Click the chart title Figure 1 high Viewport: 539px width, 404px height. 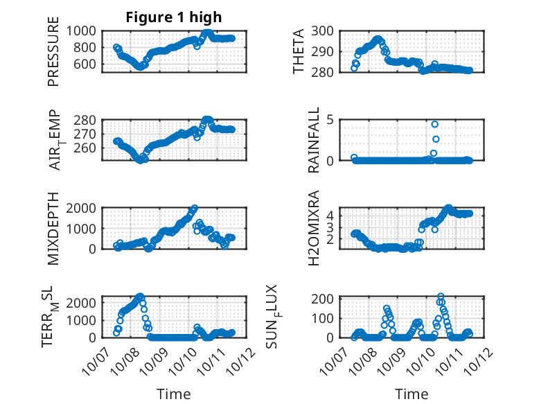tap(174, 17)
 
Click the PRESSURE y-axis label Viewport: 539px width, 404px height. tap(53, 57)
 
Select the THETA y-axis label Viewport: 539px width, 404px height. tap(299, 51)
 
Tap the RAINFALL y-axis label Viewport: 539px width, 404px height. tap(314, 140)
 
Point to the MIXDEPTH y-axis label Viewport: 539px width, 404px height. tap(53, 228)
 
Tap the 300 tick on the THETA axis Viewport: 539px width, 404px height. tap(328, 30)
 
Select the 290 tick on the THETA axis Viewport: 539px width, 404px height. tap(328, 51)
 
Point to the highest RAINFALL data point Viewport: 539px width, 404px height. tap(435, 124)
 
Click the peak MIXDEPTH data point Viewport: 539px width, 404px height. tap(195, 208)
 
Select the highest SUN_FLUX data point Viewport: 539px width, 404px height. tap(441, 297)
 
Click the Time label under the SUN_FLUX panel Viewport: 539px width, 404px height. tap(412, 394)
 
